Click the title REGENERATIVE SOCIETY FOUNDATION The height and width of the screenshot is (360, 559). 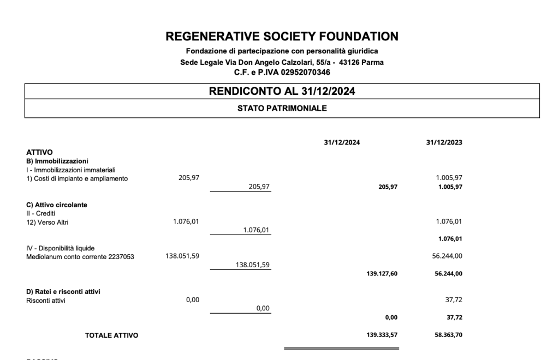(x=282, y=37)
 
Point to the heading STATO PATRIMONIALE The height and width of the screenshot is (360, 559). (x=282, y=109)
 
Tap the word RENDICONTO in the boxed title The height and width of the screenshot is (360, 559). (x=236, y=92)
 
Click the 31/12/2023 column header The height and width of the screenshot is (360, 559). (x=444, y=142)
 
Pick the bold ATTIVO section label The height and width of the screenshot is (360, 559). (x=39, y=153)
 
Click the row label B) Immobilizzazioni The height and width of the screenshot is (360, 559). (x=57, y=161)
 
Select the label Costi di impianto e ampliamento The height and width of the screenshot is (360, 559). (x=80, y=178)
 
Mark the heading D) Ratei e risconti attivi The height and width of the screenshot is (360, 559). (x=63, y=291)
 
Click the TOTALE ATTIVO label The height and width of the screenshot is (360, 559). (x=111, y=335)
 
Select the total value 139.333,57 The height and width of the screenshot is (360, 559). (x=382, y=335)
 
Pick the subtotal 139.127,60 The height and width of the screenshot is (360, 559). (x=382, y=274)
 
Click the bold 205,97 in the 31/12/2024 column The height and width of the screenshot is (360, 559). (x=388, y=187)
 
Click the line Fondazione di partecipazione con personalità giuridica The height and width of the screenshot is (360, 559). (x=282, y=51)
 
